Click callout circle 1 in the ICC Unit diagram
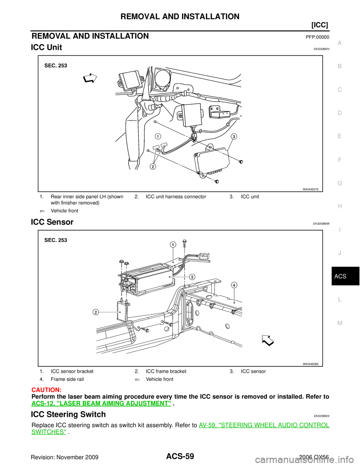click(x=158, y=137)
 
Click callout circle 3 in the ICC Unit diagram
click(x=234, y=137)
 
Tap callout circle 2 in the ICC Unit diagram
click(x=152, y=167)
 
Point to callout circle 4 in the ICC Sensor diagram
click(x=234, y=285)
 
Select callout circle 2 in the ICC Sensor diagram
click(x=96, y=312)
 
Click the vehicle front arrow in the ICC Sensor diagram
click(x=268, y=340)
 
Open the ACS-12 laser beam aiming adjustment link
click(x=101, y=403)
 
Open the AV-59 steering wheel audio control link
click(x=180, y=428)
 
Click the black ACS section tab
click(x=345, y=276)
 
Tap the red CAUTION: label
click(x=46, y=390)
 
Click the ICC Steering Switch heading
click(x=68, y=414)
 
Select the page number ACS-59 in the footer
click(x=180, y=455)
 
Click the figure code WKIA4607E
click(x=310, y=189)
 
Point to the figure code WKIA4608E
click(x=310, y=364)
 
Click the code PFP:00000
click(x=317, y=37)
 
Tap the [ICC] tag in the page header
click(x=319, y=25)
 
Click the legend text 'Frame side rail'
click(x=67, y=379)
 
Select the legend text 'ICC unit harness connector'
click(x=176, y=197)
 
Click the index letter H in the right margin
click(x=340, y=206)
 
